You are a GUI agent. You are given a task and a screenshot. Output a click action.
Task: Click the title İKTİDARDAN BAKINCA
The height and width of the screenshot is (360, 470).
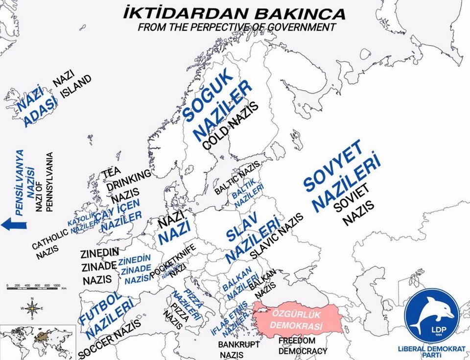234,13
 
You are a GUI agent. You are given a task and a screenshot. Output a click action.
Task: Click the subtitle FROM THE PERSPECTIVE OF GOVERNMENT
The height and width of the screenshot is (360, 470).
237,27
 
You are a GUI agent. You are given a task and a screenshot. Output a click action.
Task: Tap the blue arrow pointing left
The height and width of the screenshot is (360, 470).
13,224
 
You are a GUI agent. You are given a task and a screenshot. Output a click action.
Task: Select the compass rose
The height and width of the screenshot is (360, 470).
32,308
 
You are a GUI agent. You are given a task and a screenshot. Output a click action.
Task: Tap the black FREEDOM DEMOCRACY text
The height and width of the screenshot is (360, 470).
303,345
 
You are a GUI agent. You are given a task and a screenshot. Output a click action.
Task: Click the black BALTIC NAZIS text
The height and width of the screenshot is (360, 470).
237,179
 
